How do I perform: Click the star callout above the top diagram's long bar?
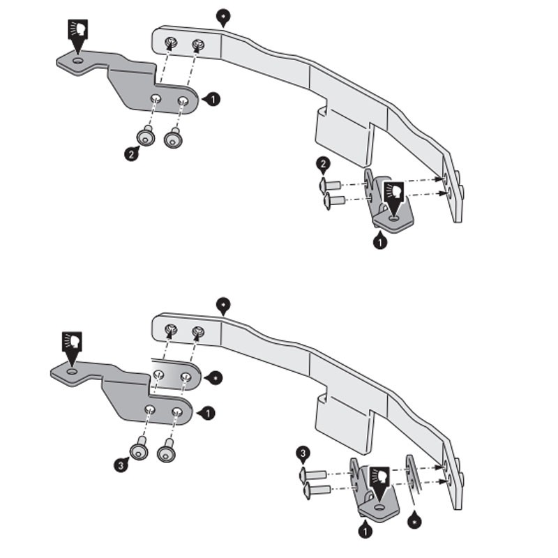click(x=223, y=15)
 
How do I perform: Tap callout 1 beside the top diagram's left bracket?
click(x=212, y=99)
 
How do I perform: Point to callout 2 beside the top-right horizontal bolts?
click(x=322, y=165)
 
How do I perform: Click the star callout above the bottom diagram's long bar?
click(x=223, y=305)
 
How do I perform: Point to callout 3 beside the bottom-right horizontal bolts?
click(x=302, y=455)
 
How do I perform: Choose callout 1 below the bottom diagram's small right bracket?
click(x=364, y=531)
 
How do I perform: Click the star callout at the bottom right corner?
click(x=416, y=520)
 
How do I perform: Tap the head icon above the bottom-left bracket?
click(x=71, y=342)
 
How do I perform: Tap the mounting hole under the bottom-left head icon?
click(x=72, y=372)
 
